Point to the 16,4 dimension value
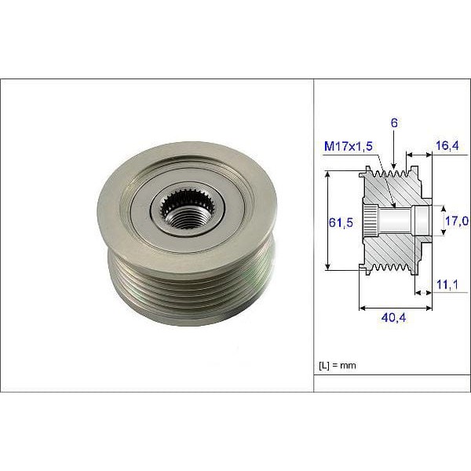click(x=447, y=147)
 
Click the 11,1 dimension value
click(x=448, y=283)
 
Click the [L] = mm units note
click(x=338, y=366)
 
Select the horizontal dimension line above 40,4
click(x=395, y=309)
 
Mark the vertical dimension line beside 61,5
click(x=327, y=221)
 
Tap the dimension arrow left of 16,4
click(x=418, y=155)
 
